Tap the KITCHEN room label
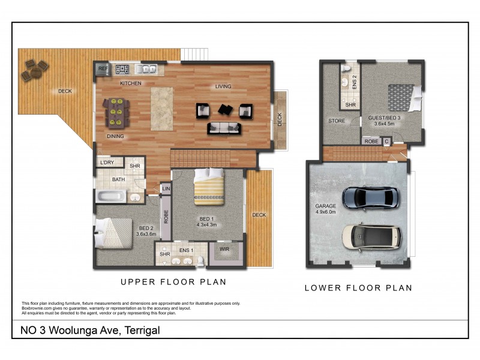(131, 83)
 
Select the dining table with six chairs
(116, 112)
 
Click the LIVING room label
(223, 86)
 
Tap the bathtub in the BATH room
(112, 196)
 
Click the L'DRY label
(107, 163)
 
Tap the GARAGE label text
(326, 206)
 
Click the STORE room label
(336, 121)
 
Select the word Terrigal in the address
(141, 331)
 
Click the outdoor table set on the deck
(34, 71)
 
